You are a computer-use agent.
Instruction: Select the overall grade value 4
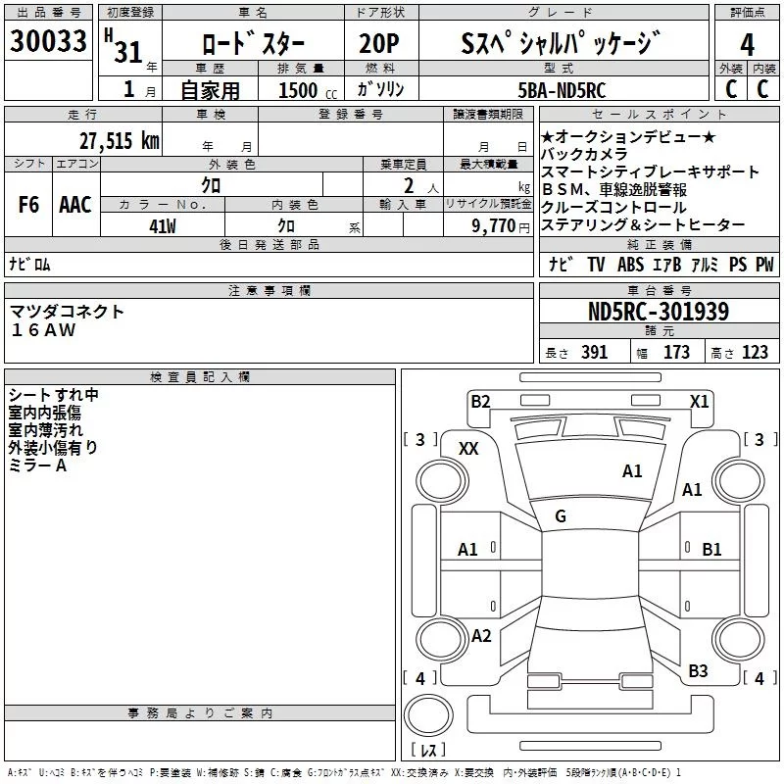point(748,44)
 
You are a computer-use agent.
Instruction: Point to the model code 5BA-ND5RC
point(562,90)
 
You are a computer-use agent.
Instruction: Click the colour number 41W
point(164,225)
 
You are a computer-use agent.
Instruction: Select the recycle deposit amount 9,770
point(494,225)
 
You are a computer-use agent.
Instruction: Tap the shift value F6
point(29,205)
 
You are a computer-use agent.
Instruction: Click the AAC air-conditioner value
point(75,205)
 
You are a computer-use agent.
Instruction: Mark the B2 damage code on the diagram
point(480,401)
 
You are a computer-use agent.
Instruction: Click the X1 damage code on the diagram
point(699,401)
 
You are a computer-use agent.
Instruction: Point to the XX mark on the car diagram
point(468,448)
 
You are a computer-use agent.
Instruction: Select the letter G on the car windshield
point(561,515)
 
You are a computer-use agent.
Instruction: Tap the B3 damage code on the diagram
point(698,670)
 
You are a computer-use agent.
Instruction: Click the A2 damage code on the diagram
point(481,635)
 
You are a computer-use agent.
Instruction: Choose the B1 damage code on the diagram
point(711,550)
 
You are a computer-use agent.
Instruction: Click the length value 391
point(594,353)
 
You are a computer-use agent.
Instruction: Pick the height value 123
point(755,353)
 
